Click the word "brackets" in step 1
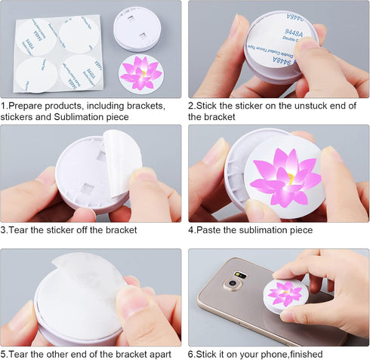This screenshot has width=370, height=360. click(x=146, y=106)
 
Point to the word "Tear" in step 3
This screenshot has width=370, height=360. click(x=18, y=230)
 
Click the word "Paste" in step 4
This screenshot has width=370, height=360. click(x=208, y=230)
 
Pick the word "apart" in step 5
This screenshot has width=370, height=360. click(x=160, y=355)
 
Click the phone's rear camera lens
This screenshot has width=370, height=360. click(x=232, y=284)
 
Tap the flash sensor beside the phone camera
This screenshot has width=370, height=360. click(x=241, y=275)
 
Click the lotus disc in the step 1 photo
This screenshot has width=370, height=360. click(x=141, y=75)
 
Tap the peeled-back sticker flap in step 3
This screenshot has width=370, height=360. click(x=122, y=163)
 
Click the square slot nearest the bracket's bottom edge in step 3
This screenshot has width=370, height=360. click(x=87, y=189)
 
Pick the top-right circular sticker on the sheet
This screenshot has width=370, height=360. click(x=79, y=35)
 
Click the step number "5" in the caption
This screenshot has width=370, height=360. click(x=3, y=355)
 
